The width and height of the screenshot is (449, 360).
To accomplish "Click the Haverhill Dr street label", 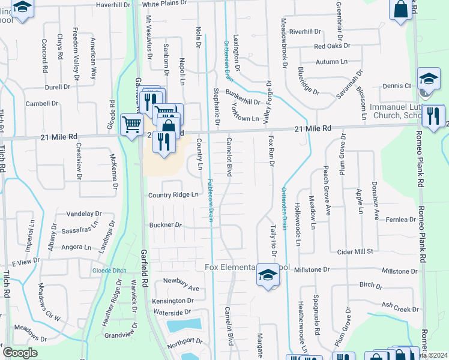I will pyautogui.click(x=113, y=5).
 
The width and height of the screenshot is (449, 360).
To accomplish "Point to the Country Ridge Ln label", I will pyautogui.click(x=173, y=195).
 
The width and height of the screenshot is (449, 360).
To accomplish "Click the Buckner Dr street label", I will pyautogui.click(x=165, y=225).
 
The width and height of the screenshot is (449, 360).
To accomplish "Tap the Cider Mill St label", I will pyautogui.click(x=356, y=251).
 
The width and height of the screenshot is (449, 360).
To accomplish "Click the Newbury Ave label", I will pyautogui.click(x=181, y=288).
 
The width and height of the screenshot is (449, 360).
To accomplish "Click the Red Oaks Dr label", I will pyautogui.click(x=332, y=46).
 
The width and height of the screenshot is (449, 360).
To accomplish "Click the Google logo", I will pyautogui.click(x=19, y=353).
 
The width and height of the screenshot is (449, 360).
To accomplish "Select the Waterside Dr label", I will pyautogui.click(x=171, y=313).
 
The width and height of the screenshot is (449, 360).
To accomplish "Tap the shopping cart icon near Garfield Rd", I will pyautogui.click(x=131, y=125).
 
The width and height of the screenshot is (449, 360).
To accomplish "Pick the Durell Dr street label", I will pyautogui.click(x=58, y=87).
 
